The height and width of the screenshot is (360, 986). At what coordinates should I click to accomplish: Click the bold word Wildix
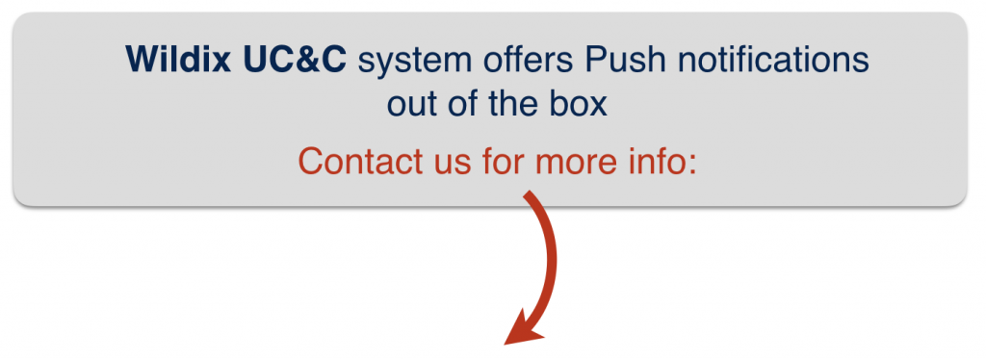point(177,62)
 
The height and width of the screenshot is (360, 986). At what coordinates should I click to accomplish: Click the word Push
point(618,62)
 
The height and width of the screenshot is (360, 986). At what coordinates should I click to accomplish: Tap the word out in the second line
point(413,103)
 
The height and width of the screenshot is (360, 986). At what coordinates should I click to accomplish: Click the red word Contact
point(357,160)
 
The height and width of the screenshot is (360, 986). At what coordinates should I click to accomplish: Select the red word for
point(503,160)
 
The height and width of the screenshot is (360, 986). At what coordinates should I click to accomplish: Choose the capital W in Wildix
point(141,62)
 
